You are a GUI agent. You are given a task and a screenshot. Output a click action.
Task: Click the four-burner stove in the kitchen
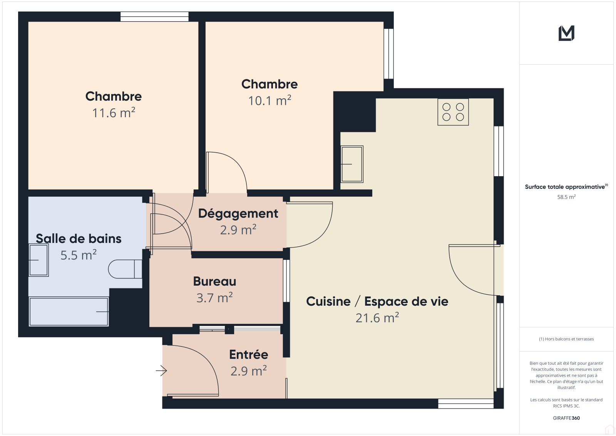tap(453, 112)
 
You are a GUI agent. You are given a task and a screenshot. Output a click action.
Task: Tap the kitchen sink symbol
tap(352, 164)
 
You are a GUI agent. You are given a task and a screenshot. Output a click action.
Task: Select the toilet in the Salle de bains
tap(125, 269)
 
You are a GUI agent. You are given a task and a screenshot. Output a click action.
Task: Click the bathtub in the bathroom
tap(69, 311)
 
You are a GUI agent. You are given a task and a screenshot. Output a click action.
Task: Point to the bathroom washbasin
tap(38, 260)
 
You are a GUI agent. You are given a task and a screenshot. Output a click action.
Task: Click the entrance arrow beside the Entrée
tap(161, 371)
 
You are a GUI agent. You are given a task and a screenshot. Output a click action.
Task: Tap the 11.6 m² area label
tap(114, 113)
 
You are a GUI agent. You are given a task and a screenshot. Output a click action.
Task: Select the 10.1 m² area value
tap(269, 101)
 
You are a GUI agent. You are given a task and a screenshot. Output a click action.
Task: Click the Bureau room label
tap(214, 281)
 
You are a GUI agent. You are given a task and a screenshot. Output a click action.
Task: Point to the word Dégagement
tap(238, 214)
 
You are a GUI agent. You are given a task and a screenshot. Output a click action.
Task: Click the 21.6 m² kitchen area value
tap(377, 318)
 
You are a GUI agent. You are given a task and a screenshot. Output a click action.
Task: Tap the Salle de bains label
tap(79, 239)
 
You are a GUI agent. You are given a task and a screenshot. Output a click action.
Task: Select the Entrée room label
tap(249, 355)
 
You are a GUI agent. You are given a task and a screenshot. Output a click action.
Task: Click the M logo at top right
tap(566, 33)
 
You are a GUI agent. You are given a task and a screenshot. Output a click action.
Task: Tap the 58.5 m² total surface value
tap(566, 197)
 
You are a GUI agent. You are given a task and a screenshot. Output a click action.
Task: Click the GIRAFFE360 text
tap(566, 418)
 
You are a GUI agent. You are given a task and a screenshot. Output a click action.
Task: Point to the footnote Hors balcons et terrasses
tap(566, 339)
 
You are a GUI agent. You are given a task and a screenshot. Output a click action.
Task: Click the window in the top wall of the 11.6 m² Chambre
tap(154, 17)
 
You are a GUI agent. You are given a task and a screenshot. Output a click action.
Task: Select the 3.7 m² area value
tap(214, 298)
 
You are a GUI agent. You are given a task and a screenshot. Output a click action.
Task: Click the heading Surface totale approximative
tap(566, 187)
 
